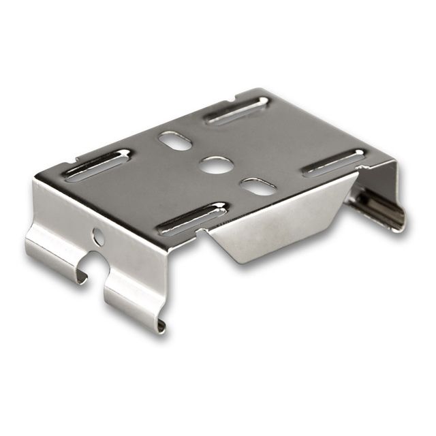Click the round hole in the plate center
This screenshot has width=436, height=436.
point(216,164)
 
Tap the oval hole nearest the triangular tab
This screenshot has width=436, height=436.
point(258,186)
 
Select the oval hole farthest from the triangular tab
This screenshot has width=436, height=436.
point(175,140)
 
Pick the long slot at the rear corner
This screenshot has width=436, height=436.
point(238,110)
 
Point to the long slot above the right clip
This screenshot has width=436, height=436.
point(334,163)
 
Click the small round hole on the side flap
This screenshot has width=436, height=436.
point(99,236)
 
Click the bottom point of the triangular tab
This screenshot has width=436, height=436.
point(238,262)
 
